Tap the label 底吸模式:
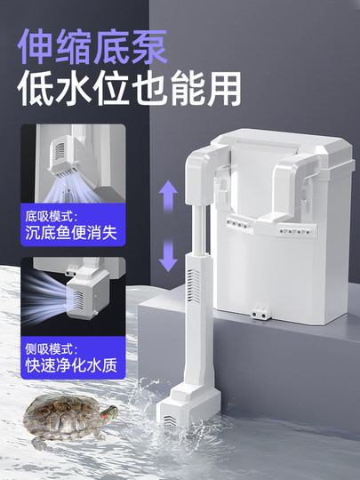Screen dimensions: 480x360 click(x=52, y=216)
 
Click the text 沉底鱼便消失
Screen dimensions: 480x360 click(x=70, y=235)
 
